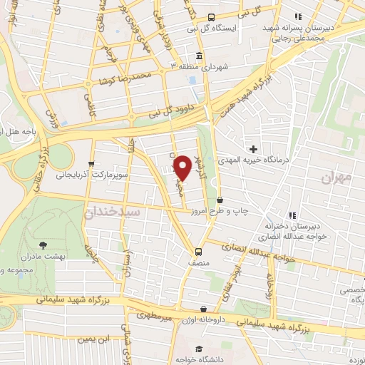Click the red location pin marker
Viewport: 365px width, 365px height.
point(183,167)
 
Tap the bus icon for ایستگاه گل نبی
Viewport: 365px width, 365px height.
point(211,17)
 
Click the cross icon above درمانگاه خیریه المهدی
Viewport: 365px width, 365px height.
point(253,149)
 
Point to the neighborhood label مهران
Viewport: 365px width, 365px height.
point(336,178)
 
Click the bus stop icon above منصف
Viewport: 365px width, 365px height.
point(198,250)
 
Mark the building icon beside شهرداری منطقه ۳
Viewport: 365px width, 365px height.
point(198,56)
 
